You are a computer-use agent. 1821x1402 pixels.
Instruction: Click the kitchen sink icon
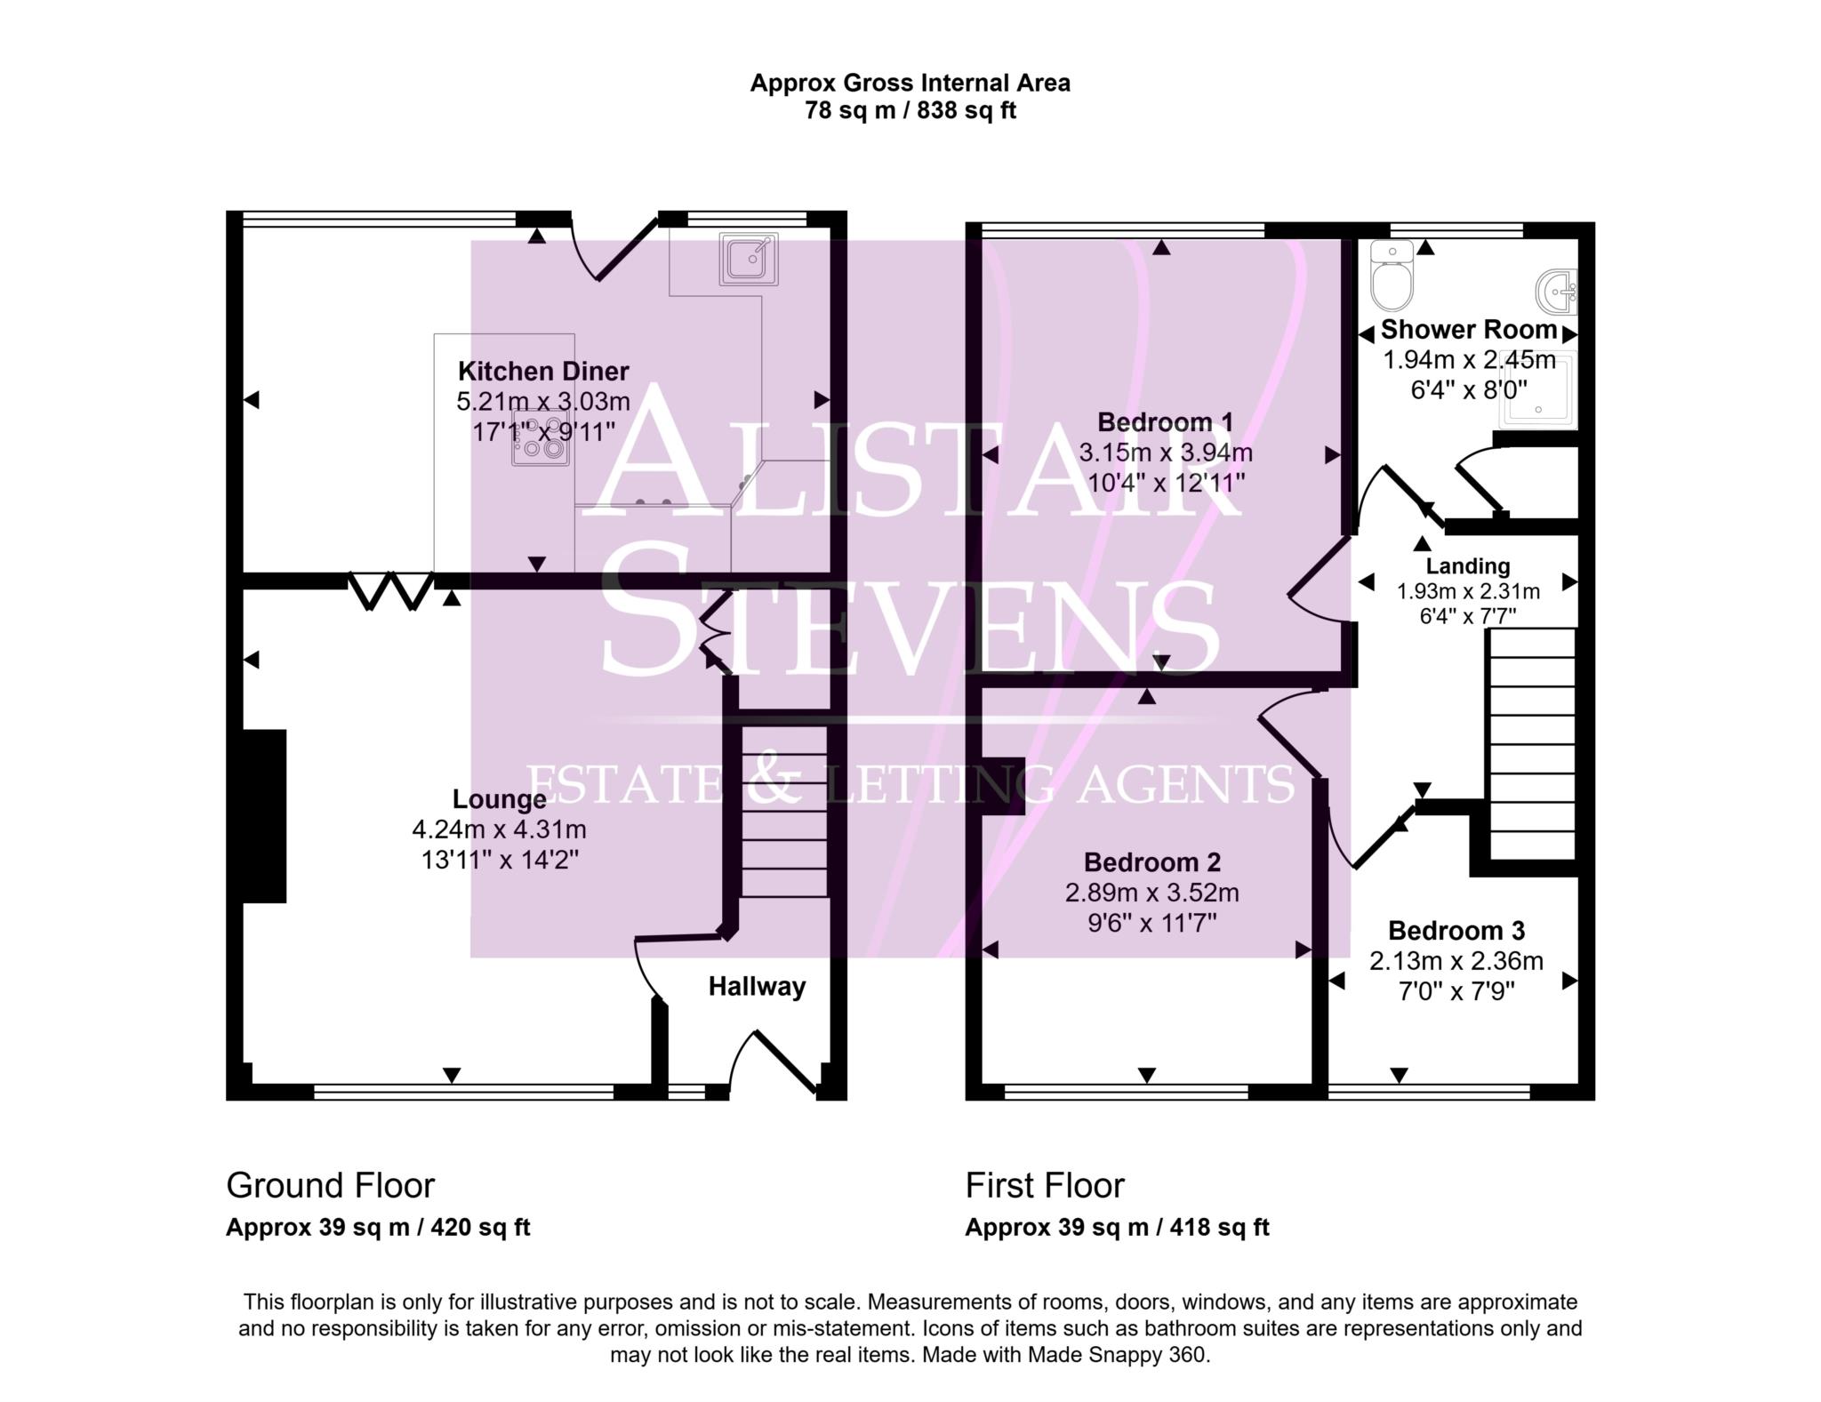pos(749,260)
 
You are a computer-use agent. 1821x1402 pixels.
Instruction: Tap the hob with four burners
pos(540,438)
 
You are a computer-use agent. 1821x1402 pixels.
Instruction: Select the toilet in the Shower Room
pos(1391,275)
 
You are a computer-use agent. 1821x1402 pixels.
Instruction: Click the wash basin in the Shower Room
pos(1557,292)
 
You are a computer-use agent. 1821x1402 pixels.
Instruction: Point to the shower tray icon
pos(1536,391)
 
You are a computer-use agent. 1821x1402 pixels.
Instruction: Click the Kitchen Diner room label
pos(543,371)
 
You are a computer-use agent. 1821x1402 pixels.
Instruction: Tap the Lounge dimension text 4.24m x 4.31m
pos(499,829)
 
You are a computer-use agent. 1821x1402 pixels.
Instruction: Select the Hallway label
pos(757,986)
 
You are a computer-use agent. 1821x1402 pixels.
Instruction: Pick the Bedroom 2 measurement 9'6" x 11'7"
pos(1151,923)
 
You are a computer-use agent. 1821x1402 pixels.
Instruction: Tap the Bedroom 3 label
pos(1456,931)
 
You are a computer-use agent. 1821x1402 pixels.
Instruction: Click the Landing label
pos(1467,565)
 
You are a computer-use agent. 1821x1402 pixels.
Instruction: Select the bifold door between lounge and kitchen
pos(391,591)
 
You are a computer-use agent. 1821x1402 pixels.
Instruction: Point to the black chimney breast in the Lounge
pos(264,815)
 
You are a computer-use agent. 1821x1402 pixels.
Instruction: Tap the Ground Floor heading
pos(330,1185)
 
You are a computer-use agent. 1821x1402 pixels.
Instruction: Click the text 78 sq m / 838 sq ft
pos(910,111)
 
